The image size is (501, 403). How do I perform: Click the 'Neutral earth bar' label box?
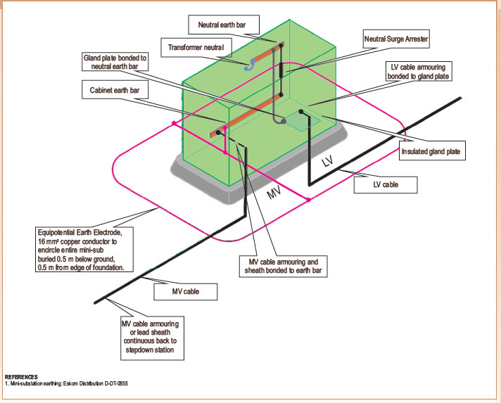224,25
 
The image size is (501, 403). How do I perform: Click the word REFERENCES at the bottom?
21,378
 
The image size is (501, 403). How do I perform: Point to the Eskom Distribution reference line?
68,384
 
